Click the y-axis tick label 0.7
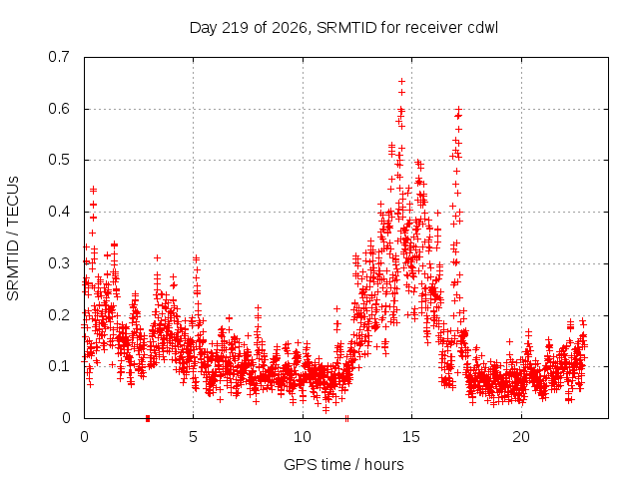(x=59, y=57)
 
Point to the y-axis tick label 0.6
(x=59, y=109)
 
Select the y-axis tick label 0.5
(x=59, y=160)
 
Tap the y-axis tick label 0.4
(x=59, y=212)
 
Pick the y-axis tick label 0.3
(x=59, y=263)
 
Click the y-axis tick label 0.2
(x=59, y=315)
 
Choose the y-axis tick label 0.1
(x=59, y=366)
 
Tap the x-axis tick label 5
(x=193, y=437)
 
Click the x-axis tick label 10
(x=303, y=437)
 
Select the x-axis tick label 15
(x=411, y=437)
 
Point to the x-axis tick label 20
(x=521, y=437)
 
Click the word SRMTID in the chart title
(x=346, y=28)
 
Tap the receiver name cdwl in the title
(x=483, y=28)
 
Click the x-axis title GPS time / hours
(x=343, y=464)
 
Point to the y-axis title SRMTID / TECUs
(x=13, y=239)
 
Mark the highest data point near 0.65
(x=401, y=82)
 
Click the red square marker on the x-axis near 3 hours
(x=148, y=418)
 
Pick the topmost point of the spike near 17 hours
(x=458, y=109)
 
